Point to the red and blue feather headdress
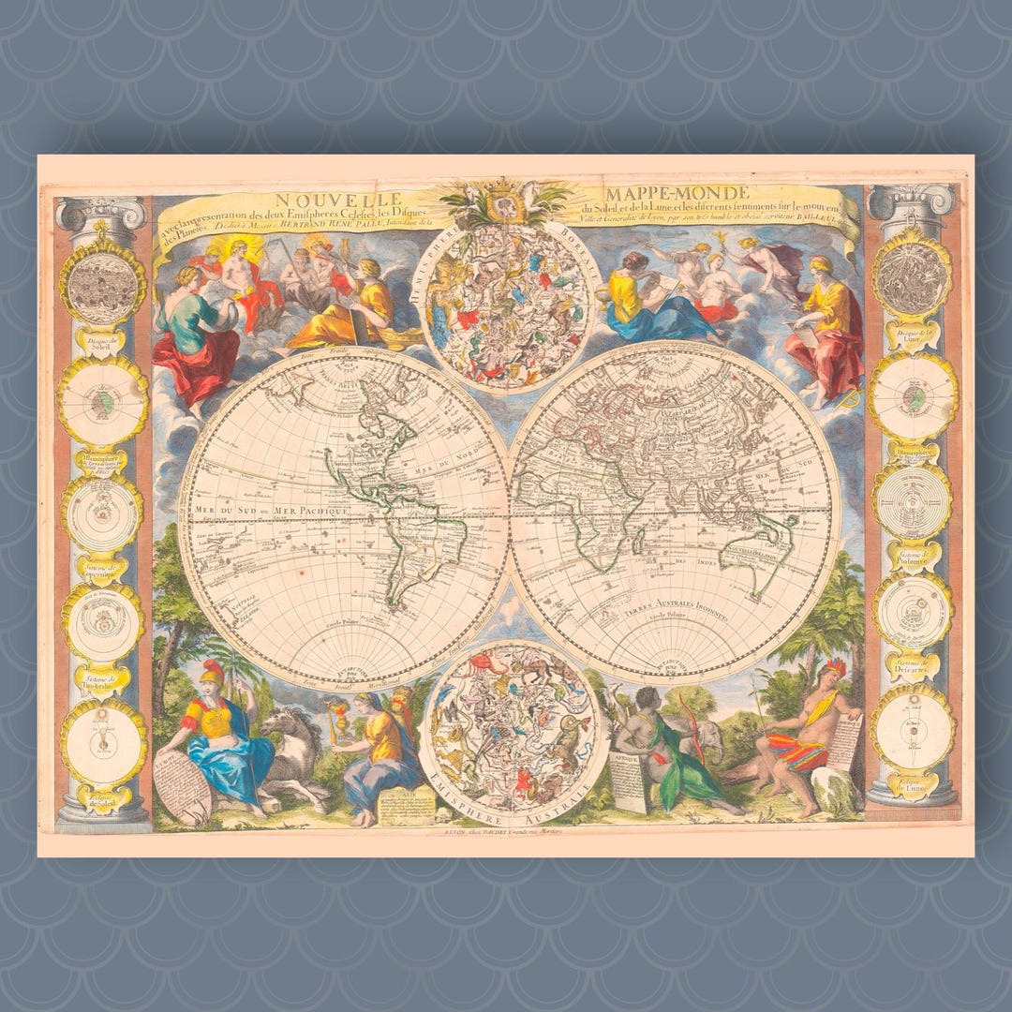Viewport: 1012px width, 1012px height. (x=832, y=668)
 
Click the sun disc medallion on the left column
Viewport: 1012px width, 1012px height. (x=103, y=280)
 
